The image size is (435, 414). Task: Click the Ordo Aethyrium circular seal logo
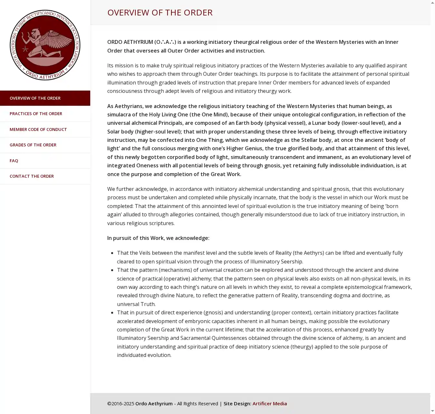(45, 45)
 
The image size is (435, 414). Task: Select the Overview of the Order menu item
(35, 98)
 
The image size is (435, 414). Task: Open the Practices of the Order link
(36, 113)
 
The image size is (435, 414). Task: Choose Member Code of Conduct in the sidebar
(38, 129)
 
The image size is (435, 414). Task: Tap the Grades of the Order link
(33, 145)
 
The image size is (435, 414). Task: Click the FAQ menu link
(14, 161)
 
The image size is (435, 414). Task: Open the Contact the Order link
(32, 176)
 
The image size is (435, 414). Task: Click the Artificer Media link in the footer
(269, 403)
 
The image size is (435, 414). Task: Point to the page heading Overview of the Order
(160, 12)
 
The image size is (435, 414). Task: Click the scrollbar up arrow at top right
(432, 3)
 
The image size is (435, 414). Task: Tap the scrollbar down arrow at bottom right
(432, 411)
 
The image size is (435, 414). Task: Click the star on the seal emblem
(25, 49)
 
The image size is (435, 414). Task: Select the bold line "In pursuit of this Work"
(158, 238)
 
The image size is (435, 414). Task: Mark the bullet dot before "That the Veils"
(112, 253)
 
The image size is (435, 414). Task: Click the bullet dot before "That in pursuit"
(112, 313)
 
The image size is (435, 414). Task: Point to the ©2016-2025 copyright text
(121, 403)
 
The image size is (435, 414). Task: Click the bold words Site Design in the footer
(237, 403)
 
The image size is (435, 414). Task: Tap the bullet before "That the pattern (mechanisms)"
(112, 270)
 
